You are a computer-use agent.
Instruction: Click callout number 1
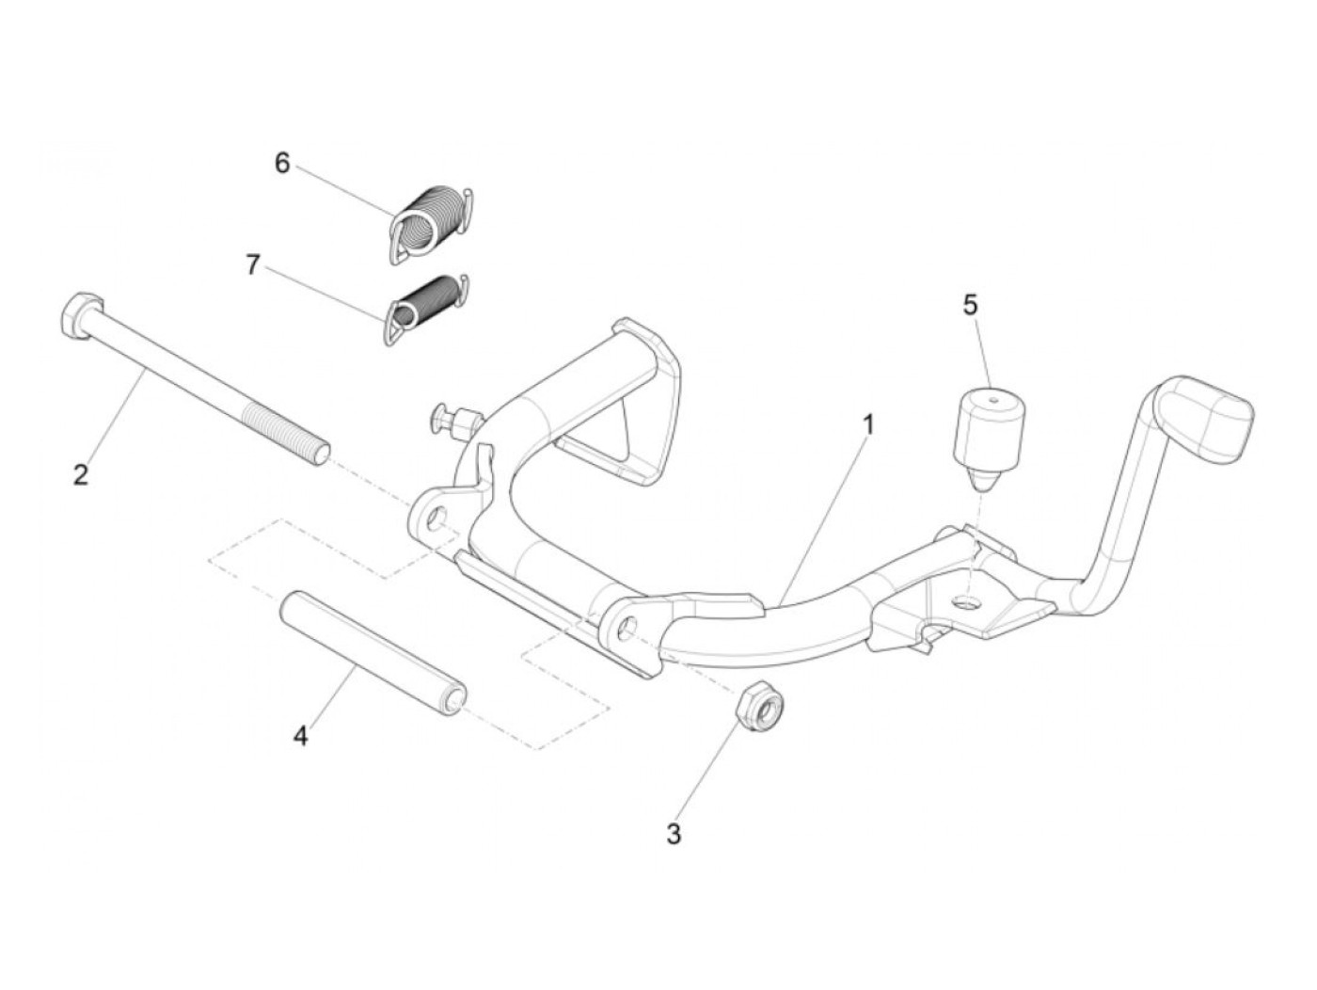(868, 424)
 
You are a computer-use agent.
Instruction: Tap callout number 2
(81, 474)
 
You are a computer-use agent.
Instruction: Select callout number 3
(674, 834)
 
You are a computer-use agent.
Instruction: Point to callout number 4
(300, 736)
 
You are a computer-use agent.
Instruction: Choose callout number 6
(282, 163)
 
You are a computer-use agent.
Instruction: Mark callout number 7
(252, 265)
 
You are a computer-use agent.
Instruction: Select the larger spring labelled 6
(429, 224)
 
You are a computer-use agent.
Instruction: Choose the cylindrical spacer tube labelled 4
(373, 652)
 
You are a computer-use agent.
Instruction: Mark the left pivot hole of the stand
(436, 519)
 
